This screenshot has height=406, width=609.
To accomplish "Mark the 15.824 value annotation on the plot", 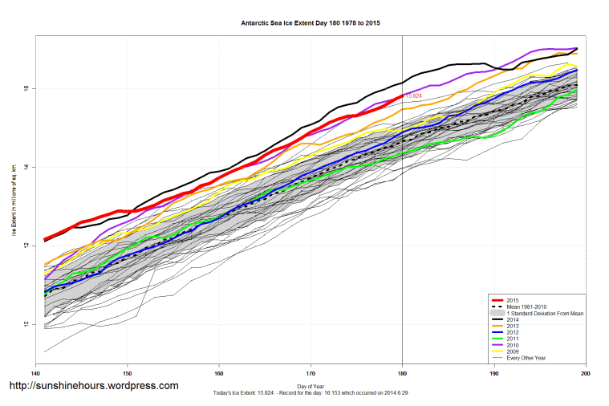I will pyautogui.click(x=414, y=95).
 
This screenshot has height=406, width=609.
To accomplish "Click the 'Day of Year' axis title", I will pyautogui.click(x=310, y=387).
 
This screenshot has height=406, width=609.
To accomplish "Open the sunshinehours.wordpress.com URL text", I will pyautogui.click(x=93, y=386).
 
